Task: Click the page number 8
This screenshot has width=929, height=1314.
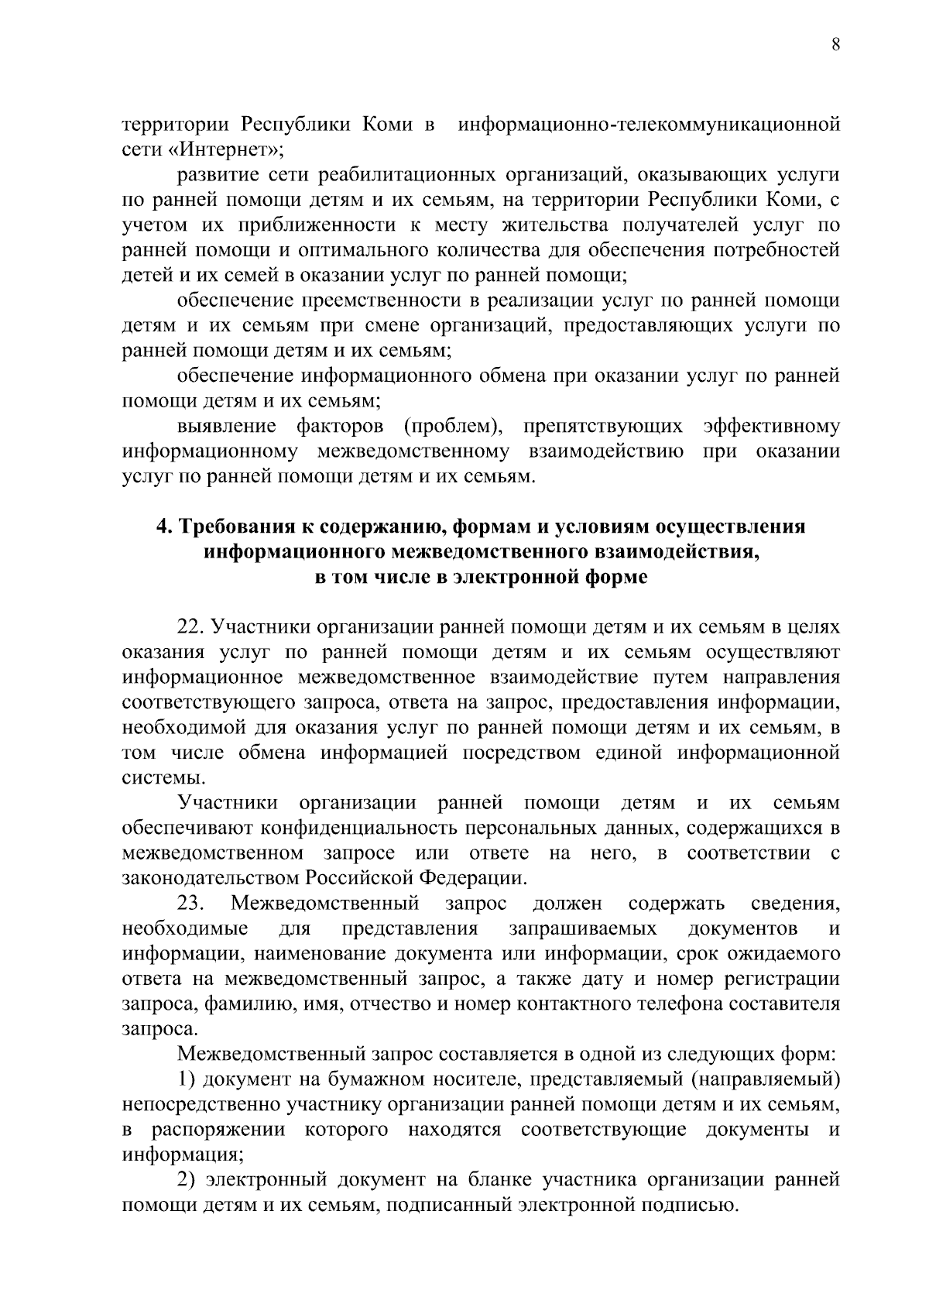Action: click(x=835, y=45)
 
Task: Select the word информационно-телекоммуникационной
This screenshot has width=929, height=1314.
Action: click(x=649, y=125)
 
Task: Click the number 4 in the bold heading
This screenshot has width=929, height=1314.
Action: click(x=162, y=527)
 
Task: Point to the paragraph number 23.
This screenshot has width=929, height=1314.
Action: click(x=190, y=904)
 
